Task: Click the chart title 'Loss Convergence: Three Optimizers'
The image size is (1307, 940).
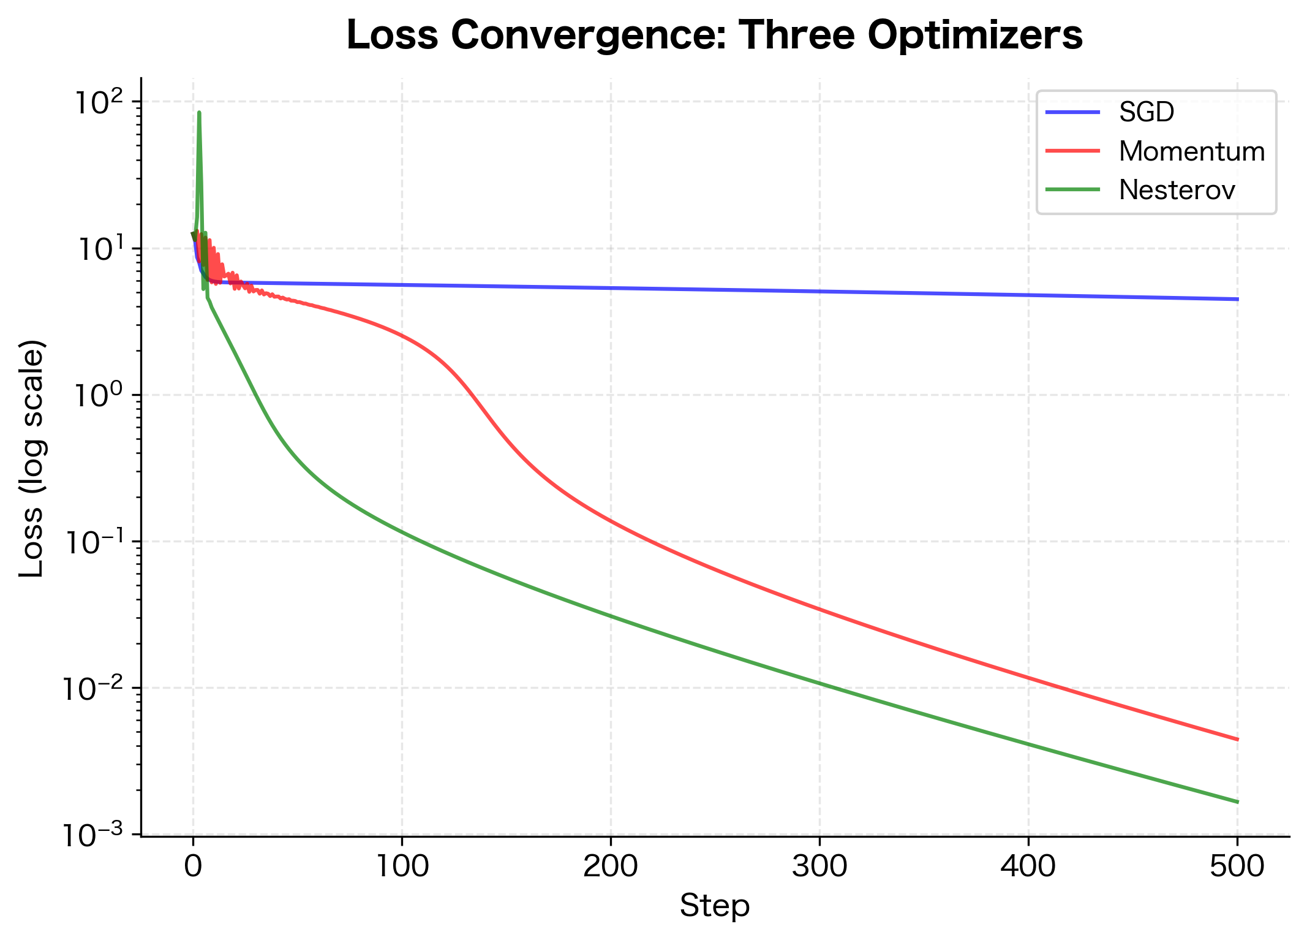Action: point(714,36)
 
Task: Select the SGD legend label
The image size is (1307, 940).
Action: point(1147,112)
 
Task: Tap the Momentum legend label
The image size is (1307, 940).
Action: point(1191,151)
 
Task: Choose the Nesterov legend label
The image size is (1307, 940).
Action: point(1177,191)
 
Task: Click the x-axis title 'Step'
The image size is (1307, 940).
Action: point(714,906)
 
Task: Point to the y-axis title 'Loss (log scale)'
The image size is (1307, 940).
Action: point(32,458)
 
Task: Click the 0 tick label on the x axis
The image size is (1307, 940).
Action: point(193,867)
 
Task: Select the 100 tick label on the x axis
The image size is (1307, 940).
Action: point(402,867)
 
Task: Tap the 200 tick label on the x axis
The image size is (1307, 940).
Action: point(611,867)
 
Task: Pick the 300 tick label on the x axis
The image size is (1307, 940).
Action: point(819,867)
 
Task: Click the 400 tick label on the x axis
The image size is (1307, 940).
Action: point(1028,867)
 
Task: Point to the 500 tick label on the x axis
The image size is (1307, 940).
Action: point(1237,867)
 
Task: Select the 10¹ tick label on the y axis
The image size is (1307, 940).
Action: point(100,249)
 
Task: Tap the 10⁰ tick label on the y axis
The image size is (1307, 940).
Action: point(100,396)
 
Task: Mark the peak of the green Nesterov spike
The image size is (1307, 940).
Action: point(199,113)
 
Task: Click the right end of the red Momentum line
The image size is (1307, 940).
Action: point(1237,740)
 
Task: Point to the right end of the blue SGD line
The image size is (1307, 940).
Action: point(1237,299)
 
